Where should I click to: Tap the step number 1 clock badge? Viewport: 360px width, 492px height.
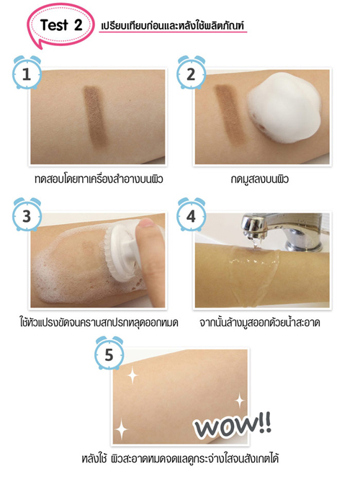point(26,73)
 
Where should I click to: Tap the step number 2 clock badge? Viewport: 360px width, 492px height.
point(191,73)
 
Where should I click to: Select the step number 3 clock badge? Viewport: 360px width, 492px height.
point(26,215)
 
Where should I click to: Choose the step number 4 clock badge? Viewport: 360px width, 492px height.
point(191,215)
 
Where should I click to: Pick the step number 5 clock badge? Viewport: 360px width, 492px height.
point(109,354)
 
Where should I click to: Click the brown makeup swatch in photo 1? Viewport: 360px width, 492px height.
point(94,116)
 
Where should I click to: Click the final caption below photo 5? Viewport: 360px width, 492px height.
point(180,459)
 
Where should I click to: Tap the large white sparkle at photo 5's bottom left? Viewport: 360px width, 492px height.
point(122,431)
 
